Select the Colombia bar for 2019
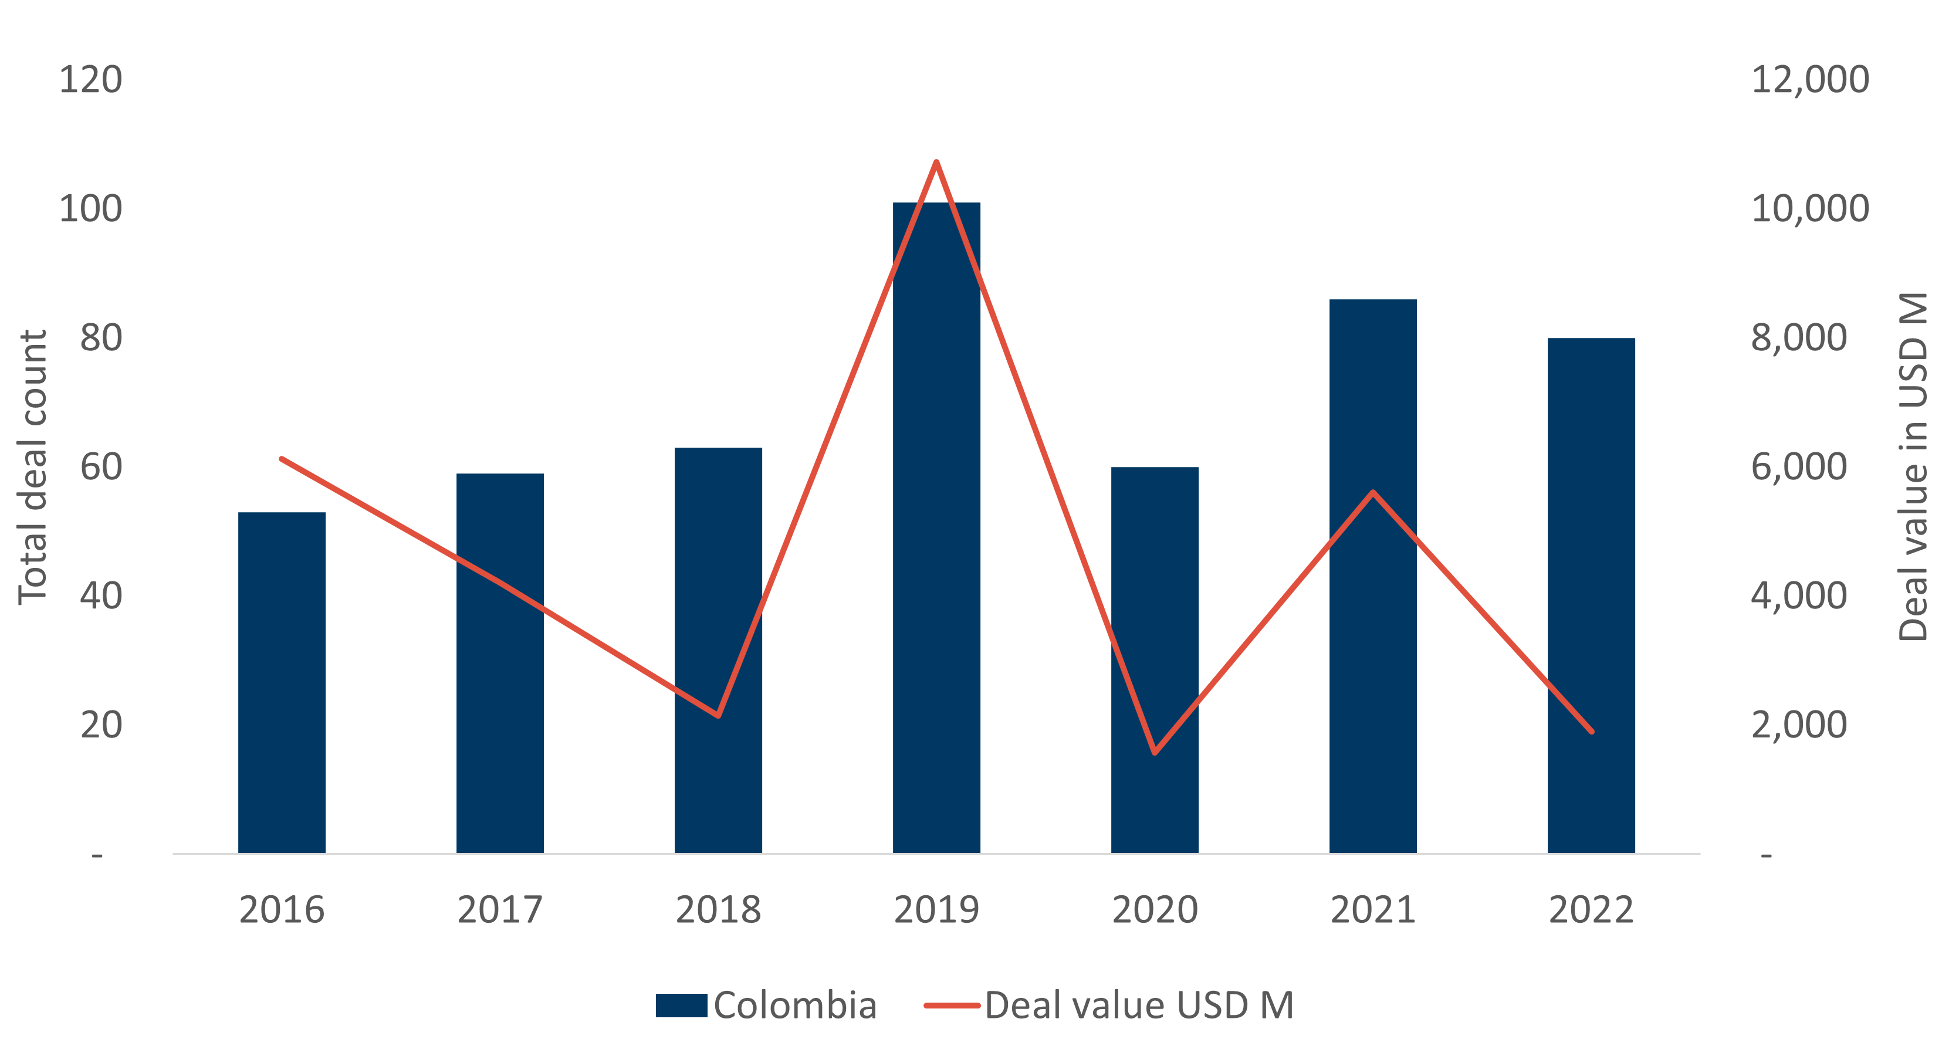936,527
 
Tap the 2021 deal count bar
1373,576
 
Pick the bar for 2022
1591,595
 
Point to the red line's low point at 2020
1155,752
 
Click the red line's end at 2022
1591,730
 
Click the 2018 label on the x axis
718,910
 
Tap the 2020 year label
1155,910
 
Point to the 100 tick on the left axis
90,209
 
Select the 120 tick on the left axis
90,80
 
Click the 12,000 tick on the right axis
1809,80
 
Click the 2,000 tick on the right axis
1799,725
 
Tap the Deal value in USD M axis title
1912,468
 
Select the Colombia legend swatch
681,1006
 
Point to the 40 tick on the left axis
101,596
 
